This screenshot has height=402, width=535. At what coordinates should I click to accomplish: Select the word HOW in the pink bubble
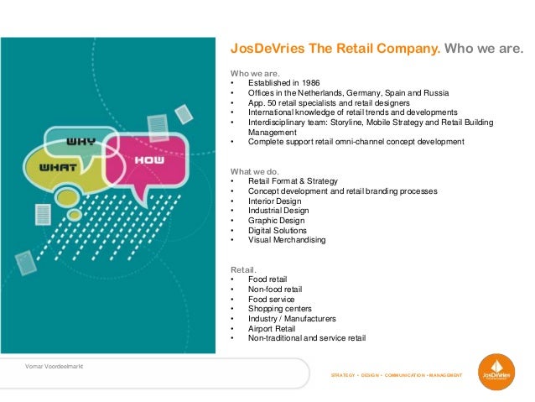[x=153, y=159]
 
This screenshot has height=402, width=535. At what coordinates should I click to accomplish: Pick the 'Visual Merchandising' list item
[x=287, y=240]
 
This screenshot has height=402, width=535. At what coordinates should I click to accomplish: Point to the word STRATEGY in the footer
[x=345, y=374]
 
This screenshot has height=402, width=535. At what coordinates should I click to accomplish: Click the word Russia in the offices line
[x=436, y=92]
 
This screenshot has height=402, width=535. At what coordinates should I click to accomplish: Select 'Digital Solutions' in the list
[x=278, y=230]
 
